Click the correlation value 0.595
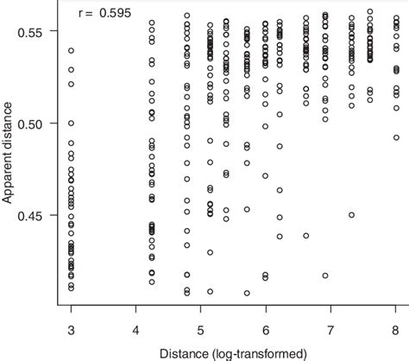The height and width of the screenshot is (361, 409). (x=110, y=15)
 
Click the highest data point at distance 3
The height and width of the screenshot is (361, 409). (x=71, y=51)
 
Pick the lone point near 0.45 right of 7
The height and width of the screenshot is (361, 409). (x=351, y=214)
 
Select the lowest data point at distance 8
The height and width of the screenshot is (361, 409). (x=395, y=136)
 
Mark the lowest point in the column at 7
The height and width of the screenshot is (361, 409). (x=324, y=275)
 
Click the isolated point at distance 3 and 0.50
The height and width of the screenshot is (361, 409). (x=71, y=123)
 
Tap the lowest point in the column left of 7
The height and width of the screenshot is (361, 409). (x=305, y=235)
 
